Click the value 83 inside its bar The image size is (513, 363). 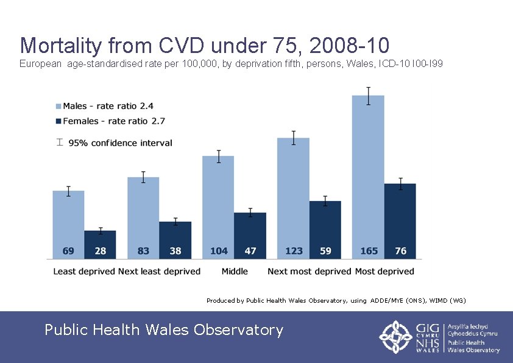[x=143, y=251]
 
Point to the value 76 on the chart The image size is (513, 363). [x=400, y=251]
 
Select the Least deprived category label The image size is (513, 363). [x=84, y=271]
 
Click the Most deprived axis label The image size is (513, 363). [x=384, y=271]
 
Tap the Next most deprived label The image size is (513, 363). [x=310, y=271]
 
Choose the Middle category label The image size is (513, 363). [x=235, y=271]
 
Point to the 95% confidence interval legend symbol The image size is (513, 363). [x=59, y=143]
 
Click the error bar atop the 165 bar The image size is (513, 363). [x=369, y=96]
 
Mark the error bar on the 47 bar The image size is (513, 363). [x=250, y=213]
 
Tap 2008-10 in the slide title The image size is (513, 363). [x=349, y=46]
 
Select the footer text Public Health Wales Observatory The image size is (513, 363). [x=164, y=330]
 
